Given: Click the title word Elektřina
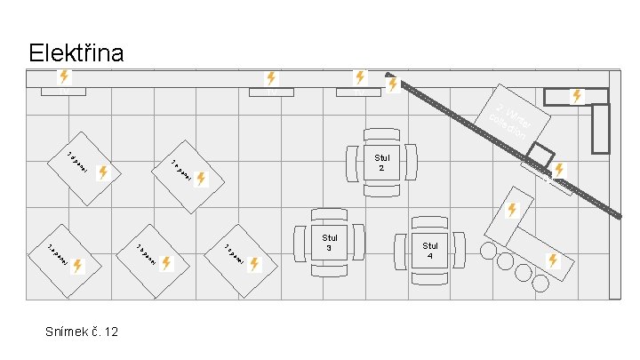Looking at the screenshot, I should pos(76,53).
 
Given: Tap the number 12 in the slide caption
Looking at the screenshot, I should pos(111,332).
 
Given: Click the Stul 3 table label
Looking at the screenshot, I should pos(331,243).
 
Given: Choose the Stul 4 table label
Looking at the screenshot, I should pos(430,250).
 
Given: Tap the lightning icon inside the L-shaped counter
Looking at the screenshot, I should pos(576,94).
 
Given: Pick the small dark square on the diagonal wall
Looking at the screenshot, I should pos(538,161).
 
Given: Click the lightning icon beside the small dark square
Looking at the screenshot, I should pos(558,169).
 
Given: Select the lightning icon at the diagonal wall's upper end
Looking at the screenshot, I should pos(392,84).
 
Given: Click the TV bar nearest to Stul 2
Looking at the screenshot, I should pos(359,92).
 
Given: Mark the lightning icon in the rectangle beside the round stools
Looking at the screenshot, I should pos(552,260).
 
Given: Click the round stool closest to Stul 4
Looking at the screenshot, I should pos(486,251).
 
